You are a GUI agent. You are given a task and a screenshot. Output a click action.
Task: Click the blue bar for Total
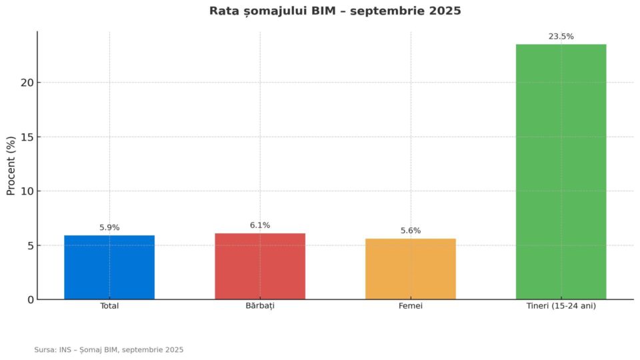tap(109, 267)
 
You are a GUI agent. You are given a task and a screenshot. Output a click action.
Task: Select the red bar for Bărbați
tap(260, 267)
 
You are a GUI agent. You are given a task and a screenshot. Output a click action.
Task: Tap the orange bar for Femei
tap(411, 269)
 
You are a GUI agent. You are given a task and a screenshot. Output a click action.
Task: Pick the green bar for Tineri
tap(561, 172)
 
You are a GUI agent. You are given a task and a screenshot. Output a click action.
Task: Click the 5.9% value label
tap(109, 227)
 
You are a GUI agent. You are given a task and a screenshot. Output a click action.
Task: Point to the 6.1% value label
tap(260, 225)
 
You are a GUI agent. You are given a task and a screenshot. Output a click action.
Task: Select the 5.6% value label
tap(411, 231)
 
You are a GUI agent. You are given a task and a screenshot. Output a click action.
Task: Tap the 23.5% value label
tap(561, 37)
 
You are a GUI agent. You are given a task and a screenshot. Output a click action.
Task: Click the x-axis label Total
tap(109, 306)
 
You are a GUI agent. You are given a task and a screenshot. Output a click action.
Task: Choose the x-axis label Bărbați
tap(260, 306)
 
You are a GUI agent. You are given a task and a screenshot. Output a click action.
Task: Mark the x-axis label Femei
tap(411, 306)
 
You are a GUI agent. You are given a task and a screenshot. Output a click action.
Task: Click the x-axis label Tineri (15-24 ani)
tap(561, 306)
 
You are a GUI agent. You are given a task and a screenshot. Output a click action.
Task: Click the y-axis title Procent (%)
tap(11, 165)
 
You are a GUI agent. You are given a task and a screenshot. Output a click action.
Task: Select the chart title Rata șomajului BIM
tap(335, 11)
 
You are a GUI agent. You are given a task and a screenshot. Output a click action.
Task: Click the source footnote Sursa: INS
tap(109, 349)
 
